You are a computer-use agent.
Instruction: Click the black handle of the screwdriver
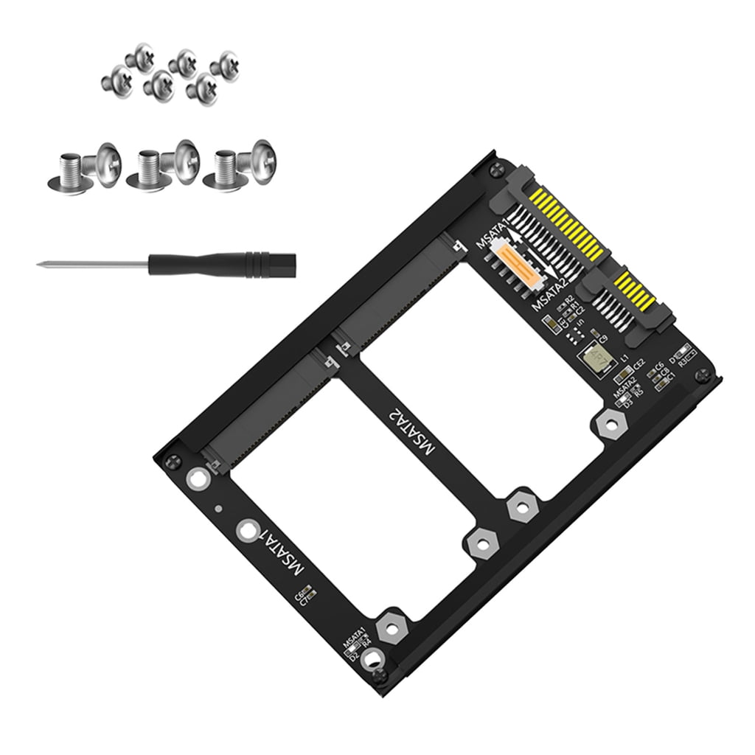(221, 262)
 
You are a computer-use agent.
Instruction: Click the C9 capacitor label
(602, 338)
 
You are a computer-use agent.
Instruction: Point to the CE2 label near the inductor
(639, 362)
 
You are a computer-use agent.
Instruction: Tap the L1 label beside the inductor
(624, 357)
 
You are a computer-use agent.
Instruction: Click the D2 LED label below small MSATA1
(354, 656)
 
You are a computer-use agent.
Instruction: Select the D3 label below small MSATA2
(628, 403)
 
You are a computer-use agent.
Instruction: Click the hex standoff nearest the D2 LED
(389, 629)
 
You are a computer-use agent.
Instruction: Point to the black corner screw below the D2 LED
(380, 676)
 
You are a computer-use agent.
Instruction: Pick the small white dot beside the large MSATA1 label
(218, 509)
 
